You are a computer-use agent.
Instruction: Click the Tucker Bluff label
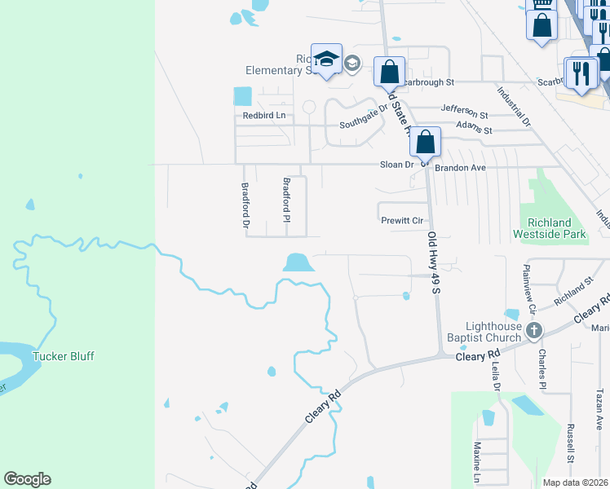63,356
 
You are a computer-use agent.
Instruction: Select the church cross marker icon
534,330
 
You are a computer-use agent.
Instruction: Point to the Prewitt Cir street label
402,221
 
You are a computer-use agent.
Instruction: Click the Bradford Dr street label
245,203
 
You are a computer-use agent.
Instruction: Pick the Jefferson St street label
464,111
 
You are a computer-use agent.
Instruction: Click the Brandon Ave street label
460,167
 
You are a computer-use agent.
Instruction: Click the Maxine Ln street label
477,460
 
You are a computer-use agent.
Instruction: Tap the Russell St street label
572,457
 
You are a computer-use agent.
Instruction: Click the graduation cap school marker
327,59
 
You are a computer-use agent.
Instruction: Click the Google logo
27,479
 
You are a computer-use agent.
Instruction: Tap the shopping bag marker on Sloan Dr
425,141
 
